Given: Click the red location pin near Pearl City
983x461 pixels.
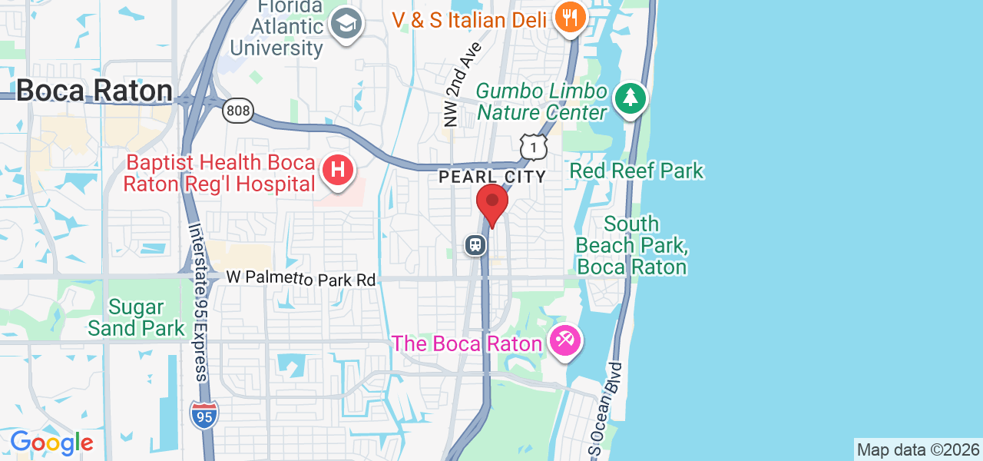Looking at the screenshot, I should click(x=492, y=204).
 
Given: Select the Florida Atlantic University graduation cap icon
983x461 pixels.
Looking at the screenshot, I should click(x=346, y=25).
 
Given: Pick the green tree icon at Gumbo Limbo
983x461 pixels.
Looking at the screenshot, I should click(x=631, y=98).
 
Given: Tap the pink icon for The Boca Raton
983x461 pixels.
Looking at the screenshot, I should click(x=565, y=339).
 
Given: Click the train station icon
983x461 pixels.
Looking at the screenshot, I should click(x=476, y=245).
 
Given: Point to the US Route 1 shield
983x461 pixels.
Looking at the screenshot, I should click(x=533, y=147).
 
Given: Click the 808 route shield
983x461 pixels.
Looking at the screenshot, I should click(x=238, y=111).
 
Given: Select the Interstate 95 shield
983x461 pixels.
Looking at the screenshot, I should click(x=204, y=414).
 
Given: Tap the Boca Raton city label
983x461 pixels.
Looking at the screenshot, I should click(x=94, y=91).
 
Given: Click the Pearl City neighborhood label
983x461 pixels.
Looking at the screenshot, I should click(x=492, y=177).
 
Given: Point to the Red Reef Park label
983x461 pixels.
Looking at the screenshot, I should click(x=637, y=171).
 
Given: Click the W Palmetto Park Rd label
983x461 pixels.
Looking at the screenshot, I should click(x=301, y=278).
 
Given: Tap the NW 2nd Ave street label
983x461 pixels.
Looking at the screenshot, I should click(x=462, y=85).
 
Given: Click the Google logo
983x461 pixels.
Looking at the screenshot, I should click(x=51, y=443).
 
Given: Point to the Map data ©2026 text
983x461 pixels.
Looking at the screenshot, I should click(x=918, y=450).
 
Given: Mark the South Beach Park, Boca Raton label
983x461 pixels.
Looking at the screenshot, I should click(x=631, y=246).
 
